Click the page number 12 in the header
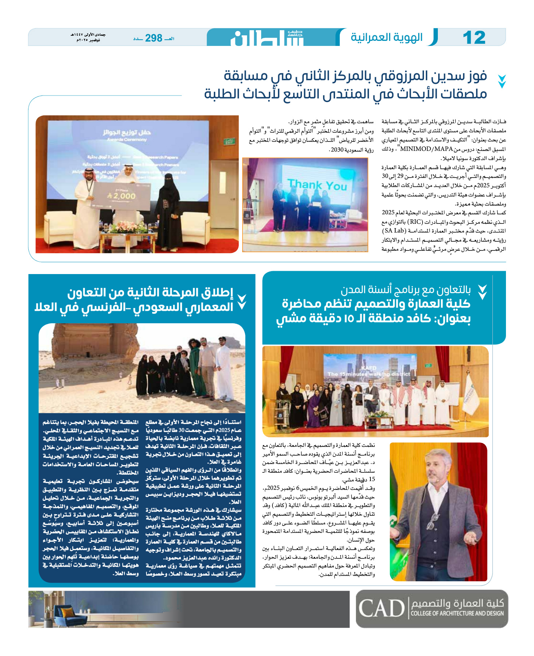(474, 38)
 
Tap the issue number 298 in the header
(153, 38)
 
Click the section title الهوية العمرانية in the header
(386, 37)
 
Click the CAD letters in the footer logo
(381, 608)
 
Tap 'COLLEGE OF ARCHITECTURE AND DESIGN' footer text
(457, 613)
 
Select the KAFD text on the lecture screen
(368, 368)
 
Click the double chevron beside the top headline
(502, 81)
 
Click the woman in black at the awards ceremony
(168, 211)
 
